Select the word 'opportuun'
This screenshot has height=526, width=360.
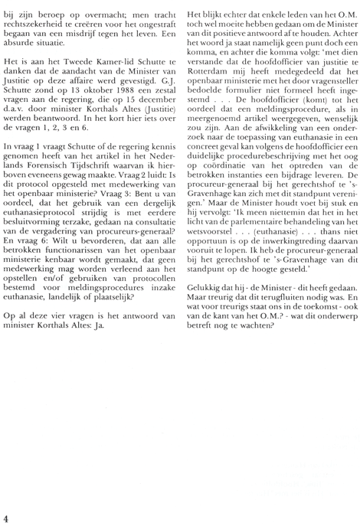(x=212, y=283)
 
